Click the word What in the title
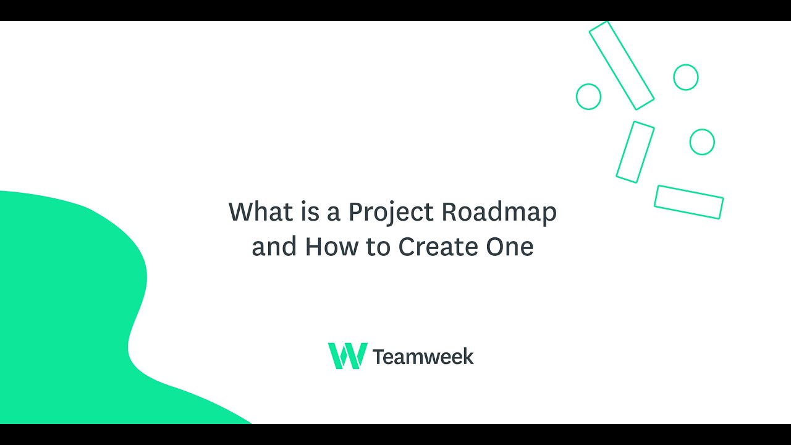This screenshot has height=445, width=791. click(x=256, y=212)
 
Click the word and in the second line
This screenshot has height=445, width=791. click(x=274, y=247)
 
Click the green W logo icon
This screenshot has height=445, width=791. click(x=347, y=356)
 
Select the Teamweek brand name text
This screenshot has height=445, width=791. click(x=423, y=357)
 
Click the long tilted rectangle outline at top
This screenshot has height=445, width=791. click(x=621, y=66)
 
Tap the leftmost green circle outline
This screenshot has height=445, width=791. click(x=588, y=97)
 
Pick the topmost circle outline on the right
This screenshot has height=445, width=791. click(x=685, y=77)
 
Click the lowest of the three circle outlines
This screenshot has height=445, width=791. click(x=702, y=142)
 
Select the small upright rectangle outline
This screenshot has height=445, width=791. click(x=635, y=152)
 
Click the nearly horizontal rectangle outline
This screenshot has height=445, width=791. click(x=688, y=202)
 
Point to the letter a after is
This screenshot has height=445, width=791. click(x=334, y=213)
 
